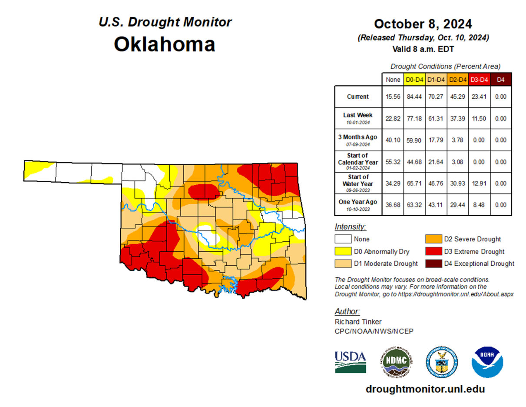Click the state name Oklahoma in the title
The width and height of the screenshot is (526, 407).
(165, 44)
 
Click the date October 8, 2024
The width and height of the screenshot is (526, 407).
(423, 23)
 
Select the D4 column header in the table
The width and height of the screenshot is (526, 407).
(500, 80)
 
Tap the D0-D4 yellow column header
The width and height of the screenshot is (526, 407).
(414, 80)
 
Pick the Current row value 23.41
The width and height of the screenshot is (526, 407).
(479, 97)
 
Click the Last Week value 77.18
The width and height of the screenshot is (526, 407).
(414, 118)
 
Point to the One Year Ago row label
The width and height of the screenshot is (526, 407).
(357, 204)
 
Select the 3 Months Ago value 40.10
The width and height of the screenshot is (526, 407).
(392, 140)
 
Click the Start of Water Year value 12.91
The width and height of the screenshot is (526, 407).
(479, 183)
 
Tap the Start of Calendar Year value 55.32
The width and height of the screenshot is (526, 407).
(392, 162)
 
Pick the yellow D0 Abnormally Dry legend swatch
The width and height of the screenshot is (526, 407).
(342, 251)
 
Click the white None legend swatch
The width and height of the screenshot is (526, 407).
(342, 239)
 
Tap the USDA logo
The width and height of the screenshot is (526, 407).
(350, 361)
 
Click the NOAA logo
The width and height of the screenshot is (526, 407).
(487, 361)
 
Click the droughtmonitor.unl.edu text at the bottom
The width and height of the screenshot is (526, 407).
(425, 389)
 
